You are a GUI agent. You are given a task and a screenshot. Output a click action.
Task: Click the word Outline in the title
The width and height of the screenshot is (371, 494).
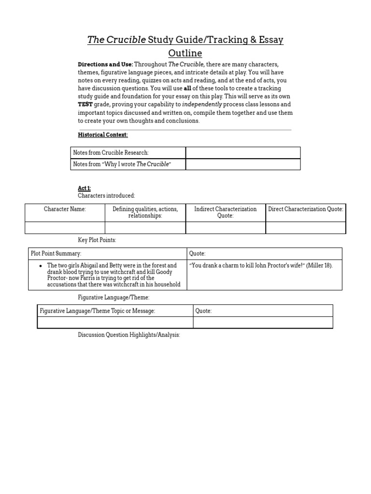coord(185,53)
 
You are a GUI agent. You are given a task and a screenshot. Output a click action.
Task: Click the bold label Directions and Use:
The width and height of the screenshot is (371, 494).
coord(105,65)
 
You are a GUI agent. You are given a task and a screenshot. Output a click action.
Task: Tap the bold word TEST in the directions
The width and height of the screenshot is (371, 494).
coord(86,104)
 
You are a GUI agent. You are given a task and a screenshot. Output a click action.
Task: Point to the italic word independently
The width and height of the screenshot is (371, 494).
coord(202,104)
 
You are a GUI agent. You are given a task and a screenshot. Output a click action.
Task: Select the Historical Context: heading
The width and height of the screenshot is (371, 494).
coord(103,135)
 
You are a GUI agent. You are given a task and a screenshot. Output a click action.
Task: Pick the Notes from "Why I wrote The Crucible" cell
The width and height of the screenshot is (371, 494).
coord(122,164)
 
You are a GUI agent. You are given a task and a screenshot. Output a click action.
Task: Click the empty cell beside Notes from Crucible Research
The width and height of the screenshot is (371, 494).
coord(243,152)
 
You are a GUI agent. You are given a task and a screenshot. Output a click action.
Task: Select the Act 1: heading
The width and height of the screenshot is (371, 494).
coord(85,188)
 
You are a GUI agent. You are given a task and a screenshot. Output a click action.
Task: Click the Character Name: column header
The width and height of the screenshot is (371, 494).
coord(65,209)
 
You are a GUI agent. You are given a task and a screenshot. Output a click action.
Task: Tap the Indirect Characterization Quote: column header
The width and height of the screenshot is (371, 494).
coord(225,212)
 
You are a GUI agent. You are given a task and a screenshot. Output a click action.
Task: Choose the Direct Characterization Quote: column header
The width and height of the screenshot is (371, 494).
coord(306,209)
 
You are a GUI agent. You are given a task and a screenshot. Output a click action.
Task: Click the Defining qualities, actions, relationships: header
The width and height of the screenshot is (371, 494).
coord(145,212)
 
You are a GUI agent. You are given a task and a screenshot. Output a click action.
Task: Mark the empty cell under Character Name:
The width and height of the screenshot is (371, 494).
coord(65,228)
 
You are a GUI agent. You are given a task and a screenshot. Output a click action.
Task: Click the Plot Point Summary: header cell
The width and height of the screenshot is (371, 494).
coord(56,254)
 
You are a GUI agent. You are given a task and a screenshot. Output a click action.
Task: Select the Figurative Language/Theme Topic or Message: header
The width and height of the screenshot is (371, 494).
coord(97,311)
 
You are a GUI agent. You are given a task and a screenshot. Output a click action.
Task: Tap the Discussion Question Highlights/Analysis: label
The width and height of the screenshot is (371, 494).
coord(129,335)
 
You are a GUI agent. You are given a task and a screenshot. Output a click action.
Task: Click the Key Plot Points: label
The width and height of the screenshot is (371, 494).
coord(97,240)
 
